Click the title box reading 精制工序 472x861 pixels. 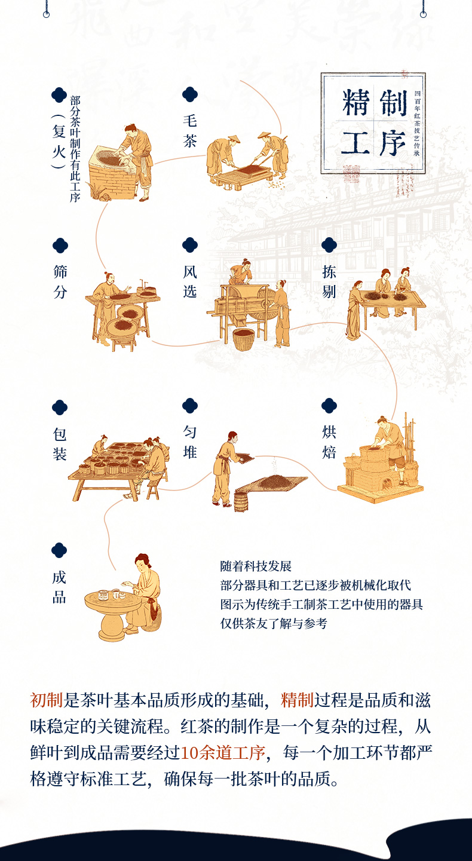[x=373, y=123]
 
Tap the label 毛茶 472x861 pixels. [x=190, y=131]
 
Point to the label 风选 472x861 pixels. [x=190, y=282]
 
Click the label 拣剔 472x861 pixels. [x=329, y=282]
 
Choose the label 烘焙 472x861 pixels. [x=329, y=442]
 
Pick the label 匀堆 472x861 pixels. [x=190, y=442]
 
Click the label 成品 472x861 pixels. [x=59, y=587]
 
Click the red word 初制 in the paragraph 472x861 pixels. [x=46, y=700]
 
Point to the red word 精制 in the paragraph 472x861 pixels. [x=297, y=700]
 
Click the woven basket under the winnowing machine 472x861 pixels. [x=243, y=339]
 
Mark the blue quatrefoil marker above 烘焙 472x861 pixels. [x=329, y=406]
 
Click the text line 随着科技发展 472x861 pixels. [x=256, y=566]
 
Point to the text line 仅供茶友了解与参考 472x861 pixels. [x=274, y=623]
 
